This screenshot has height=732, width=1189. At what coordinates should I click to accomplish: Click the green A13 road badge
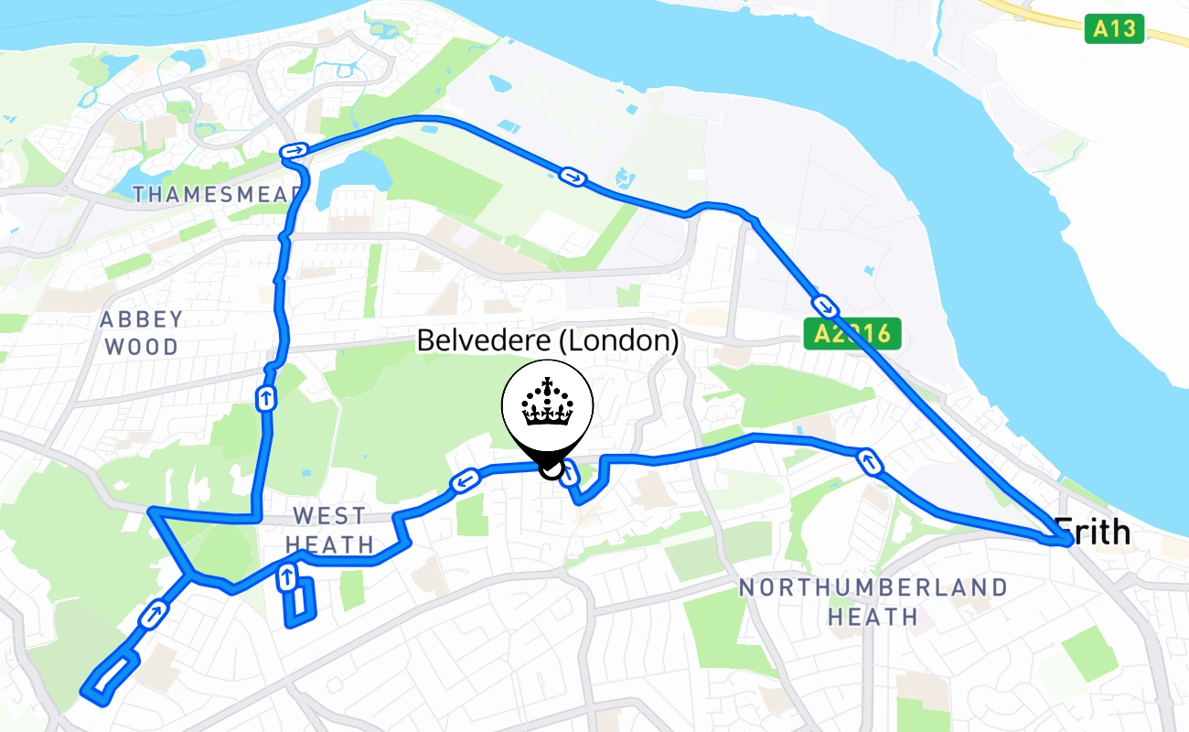click(1116, 28)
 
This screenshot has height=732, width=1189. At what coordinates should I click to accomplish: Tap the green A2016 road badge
click(852, 333)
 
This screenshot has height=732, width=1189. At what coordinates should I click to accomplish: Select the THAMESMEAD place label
click(216, 194)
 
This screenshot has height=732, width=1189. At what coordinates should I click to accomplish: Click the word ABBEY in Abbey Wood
click(142, 319)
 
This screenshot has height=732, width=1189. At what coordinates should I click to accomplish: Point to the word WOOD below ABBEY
click(142, 347)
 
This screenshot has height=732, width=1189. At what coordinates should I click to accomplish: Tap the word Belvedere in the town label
click(484, 341)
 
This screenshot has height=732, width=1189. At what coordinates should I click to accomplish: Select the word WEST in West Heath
click(329, 516)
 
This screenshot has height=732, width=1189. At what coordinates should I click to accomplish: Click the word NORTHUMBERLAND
click(873, 587)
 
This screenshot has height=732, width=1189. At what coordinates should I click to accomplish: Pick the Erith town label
click(1094, 531)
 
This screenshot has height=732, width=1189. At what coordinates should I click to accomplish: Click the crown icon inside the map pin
click(547, 404)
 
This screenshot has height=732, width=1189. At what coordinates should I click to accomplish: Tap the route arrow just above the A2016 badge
click(824, 305)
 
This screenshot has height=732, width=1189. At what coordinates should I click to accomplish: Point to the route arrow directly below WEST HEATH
click(287, 576)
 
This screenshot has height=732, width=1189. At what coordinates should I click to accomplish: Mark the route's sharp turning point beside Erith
click(1066, 542)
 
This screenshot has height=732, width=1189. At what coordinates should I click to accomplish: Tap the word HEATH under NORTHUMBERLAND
click(873, 617)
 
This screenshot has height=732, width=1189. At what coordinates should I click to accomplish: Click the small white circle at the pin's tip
click(550, 469)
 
